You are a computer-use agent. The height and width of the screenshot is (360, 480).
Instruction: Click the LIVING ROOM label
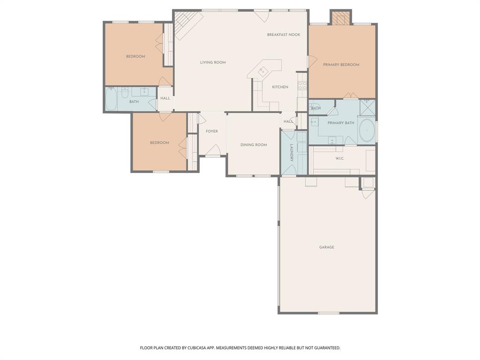(x=213, y=62)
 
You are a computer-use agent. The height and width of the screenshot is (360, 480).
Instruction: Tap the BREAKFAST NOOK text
(x=284, y=35)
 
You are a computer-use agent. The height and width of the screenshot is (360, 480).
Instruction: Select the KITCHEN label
(x=280, y=87)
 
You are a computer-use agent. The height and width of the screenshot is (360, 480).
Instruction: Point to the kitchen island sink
(x=262, y=71)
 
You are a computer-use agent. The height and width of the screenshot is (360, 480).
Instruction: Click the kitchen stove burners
(x=303, y=85)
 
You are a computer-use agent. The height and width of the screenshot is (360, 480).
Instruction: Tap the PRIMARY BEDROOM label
(x=341, y=65)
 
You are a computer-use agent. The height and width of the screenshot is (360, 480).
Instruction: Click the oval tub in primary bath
(x=367, y=130)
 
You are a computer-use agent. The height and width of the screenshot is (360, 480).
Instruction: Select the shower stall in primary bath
(x=367, y=107)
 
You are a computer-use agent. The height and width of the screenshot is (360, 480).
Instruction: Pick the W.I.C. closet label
(x=340, y=158)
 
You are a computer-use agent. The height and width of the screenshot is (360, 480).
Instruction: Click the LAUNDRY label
(x=291, y=153)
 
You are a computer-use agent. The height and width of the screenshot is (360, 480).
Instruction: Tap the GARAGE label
(x=327, y=247)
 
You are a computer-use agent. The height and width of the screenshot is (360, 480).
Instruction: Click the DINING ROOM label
(x=254, y=145)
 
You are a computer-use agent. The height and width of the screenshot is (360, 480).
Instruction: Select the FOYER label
(x=212, y=131)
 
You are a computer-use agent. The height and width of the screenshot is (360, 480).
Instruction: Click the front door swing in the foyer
(x=213, y=150)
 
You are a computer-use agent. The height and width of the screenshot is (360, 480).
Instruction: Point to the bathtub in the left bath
(x=111, y=99)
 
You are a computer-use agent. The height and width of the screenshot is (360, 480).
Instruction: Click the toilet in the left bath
(x=125, y=93)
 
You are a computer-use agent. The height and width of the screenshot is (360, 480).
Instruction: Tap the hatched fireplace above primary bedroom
(x=341, y=18)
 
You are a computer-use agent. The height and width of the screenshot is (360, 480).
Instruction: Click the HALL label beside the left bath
(x=165, y=98)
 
